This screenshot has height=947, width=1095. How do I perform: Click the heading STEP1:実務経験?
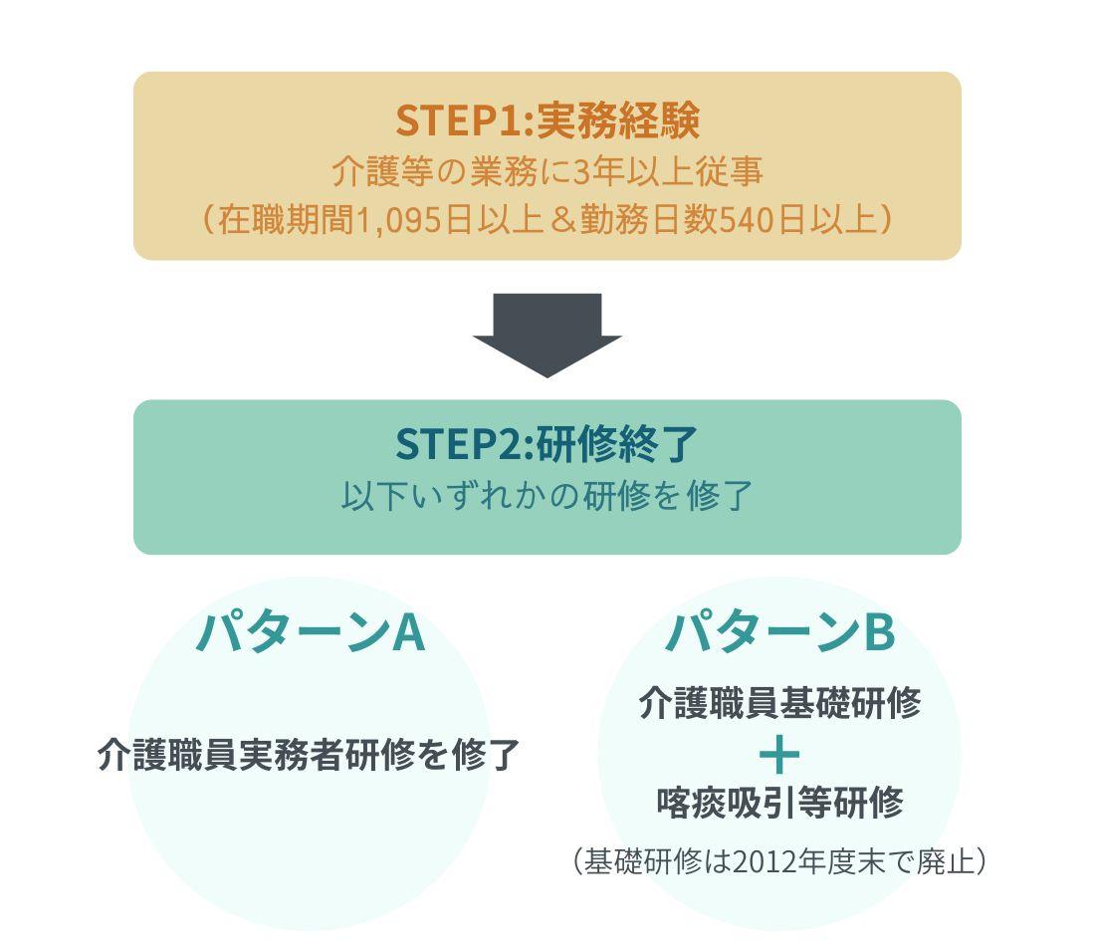click(547, 120)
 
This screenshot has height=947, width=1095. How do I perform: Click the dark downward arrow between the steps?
click(547, 335)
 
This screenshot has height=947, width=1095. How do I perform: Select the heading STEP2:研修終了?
click(547, 444)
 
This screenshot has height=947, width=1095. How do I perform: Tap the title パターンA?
click(310, 631)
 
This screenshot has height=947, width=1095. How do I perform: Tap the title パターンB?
click(779, 631)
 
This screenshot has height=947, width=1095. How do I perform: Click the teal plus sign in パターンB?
click(779, 754)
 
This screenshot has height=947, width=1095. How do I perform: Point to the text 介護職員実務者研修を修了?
click(309, 755)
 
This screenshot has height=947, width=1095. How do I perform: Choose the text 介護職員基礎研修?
click(779, 703)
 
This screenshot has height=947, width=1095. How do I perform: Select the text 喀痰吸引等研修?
click(779, 803)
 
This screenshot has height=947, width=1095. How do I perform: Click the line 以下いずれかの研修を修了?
click(547, 495)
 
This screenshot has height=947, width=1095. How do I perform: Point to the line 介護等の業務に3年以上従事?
click(547, 171)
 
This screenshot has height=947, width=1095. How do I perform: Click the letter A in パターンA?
click(408, 631)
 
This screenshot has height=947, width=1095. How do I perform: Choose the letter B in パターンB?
click(878, 631)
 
